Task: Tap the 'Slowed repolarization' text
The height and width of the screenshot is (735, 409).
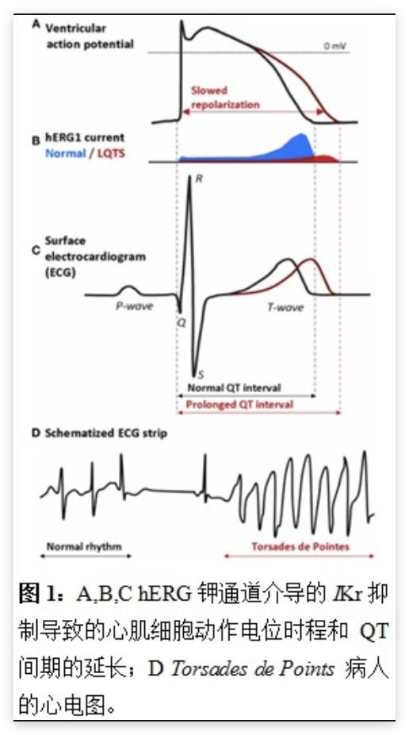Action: tap(225, 97)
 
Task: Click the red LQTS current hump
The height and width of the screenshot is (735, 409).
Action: tap(326, 159)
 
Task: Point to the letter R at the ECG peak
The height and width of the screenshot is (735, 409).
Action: tap(199, 178)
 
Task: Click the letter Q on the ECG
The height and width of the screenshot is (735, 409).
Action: tap(181, 322)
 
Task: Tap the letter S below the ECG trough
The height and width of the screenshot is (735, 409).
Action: tap(201, 374)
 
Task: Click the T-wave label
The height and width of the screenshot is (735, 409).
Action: tap(285, 307)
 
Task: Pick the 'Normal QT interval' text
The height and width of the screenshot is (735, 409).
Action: tap(234, 388)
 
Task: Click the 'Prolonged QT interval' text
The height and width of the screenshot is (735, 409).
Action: tap(239, 404)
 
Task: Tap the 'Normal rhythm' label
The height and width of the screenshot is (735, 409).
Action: tap(84, 546)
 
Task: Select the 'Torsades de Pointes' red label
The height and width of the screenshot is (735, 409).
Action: tap(300, 546)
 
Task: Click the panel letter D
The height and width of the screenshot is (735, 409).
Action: tap(36, 433)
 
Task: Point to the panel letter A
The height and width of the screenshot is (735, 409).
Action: tap(36, 25)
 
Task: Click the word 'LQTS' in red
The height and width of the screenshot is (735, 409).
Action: tap(112, 153)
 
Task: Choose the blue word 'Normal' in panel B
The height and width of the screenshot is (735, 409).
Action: tap(66, 153)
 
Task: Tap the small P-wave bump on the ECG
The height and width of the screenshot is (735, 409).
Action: tap(130, 291)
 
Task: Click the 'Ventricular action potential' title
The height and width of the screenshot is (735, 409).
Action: tap(90, 36)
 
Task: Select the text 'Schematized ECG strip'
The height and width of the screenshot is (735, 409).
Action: tap(105, 433)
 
